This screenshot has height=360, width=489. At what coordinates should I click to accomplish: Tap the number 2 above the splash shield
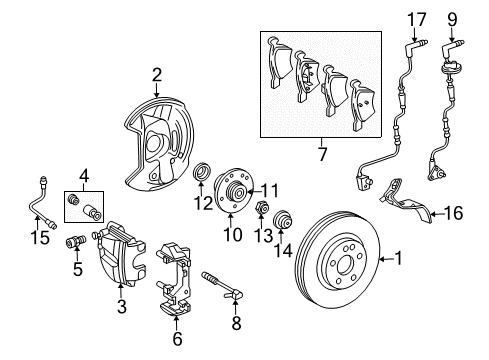[x=157, y=73]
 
